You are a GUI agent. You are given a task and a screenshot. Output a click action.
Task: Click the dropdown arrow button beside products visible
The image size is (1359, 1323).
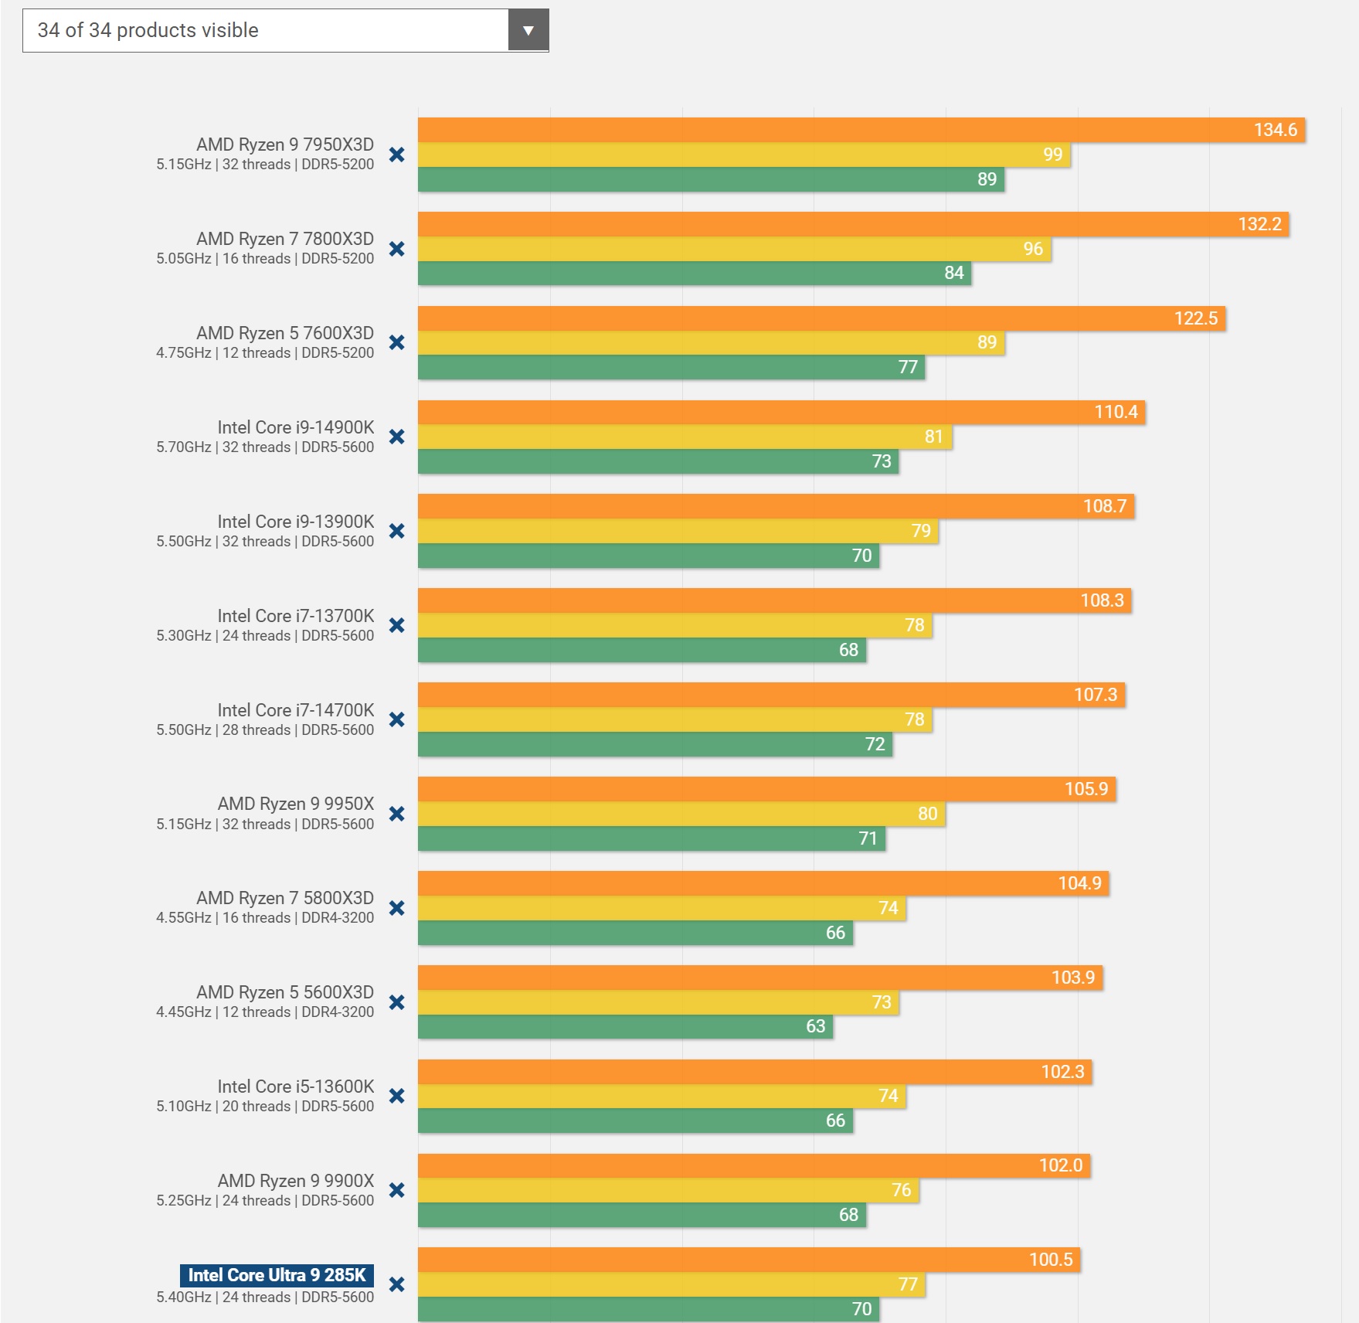pyautogui.click(x=528, y=31)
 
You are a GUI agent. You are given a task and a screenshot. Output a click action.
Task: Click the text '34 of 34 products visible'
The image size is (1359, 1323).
pyautogui.click(x=148, y=31)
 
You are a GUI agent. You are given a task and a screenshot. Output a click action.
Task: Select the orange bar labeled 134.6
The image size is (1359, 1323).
pyautogui.click(x=861, y=130)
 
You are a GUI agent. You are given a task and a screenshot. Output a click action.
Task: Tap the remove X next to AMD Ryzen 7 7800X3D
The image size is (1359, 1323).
pyautogui.click(x=397, y=249)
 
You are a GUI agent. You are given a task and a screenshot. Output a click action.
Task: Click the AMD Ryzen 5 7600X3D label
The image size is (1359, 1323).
pyautogui.click(x=284, y=333)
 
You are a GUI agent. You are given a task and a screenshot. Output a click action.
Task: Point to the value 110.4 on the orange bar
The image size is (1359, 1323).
pyautogui.click(x=1116, y=412)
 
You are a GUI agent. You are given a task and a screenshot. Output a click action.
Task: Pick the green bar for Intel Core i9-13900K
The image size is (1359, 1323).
pyautogui.click(x=647, y=556)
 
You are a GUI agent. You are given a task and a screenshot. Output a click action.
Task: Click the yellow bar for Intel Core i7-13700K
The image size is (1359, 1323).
pyautogui.click(x=674, y=625)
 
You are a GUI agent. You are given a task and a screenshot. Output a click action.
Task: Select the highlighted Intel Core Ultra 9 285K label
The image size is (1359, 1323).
pyautogui.click(x=277, y=1275)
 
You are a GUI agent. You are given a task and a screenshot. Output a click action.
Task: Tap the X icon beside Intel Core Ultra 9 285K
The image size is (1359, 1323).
pyautogui.click(x=397, y=1284)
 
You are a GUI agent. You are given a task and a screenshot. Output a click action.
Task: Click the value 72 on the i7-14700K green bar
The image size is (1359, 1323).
pyautogui.click(x=875, y=744)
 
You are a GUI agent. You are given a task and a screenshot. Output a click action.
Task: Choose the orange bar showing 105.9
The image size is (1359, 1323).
pyautogui.click(x=766, y=789)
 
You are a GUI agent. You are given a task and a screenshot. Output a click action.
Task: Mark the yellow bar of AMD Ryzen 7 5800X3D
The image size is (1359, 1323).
pyautogui.click(x=661, y=908)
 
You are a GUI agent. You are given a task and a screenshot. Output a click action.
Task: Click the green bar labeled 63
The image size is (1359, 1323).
pyautogui.click(x=625, y=1026)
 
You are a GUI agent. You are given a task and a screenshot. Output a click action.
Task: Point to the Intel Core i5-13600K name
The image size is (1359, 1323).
pyautogui.click(x=295, y=1087)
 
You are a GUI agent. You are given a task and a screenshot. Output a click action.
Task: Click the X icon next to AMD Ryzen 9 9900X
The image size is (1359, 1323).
pyautogui.click(x=397, y=1190)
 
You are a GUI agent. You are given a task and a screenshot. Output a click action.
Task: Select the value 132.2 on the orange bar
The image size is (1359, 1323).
pyautogui.click(x=1259, y=224)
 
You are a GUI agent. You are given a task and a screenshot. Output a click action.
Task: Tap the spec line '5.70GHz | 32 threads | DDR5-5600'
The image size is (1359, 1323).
pyautogui.click(x=265, y=447)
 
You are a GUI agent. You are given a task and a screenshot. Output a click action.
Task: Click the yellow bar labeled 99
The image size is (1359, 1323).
pyautogui.click(x=743, y=155)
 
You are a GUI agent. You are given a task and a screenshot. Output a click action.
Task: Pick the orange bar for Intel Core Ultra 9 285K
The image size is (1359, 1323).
pyautogui.click(x=748, y=1260)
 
